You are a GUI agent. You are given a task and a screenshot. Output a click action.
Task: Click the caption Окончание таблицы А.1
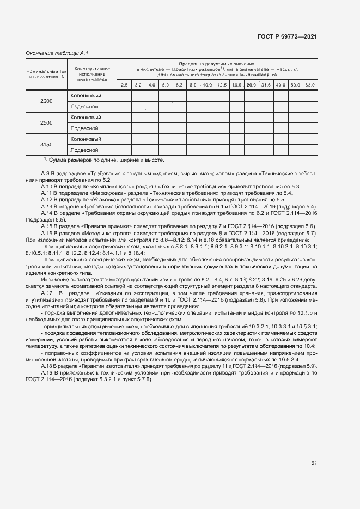[x=57, y=53]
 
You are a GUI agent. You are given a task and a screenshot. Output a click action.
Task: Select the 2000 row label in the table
[x=46, y=101]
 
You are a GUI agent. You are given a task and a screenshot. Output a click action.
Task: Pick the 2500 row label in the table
[x=46, y=123]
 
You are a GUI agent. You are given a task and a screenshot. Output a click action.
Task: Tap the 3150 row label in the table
[x=46, y=144]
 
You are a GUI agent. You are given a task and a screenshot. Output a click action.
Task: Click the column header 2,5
[x=124, y=85]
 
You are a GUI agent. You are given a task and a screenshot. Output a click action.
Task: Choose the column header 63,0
[x=309, y=85]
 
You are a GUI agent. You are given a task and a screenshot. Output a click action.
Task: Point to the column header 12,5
[x=222, y=85]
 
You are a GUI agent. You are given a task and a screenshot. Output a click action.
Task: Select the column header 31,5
[x=266, y=85]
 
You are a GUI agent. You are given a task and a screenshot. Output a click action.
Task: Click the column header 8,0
[x=193, y=85]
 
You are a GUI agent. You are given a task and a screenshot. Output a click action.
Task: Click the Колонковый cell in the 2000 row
[x=86, y=96]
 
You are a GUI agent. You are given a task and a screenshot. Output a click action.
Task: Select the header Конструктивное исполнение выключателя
[x=92, y=74]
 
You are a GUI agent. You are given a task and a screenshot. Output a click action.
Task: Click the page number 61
[x=314, y=463]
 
